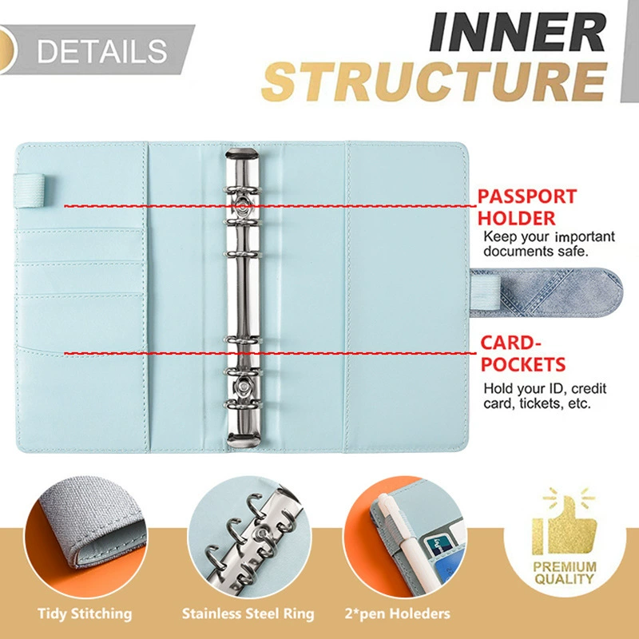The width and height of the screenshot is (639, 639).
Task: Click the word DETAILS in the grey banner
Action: tap(102, 50)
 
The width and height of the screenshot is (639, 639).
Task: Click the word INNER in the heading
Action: tap(517, 32)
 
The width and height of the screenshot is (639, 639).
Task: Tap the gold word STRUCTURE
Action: tap(435, 81)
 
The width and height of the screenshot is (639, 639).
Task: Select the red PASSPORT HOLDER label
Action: tap(526, 207)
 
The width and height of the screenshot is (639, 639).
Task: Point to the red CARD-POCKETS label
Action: tap(523, 354)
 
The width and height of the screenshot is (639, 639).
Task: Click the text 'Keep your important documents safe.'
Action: tap(549, 244)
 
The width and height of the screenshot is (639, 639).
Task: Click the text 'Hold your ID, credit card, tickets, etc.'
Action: tap(545, 395)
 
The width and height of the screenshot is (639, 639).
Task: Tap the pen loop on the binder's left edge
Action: tap(30, 191)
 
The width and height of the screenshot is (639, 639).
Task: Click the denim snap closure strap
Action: tap(547, 292)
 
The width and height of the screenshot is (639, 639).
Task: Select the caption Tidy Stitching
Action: tap(85, 613)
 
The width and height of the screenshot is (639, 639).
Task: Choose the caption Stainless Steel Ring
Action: tap(248, 613)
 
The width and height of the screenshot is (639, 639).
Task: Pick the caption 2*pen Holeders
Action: tap(397, 613)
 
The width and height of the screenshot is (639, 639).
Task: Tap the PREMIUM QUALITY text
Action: tap(565, 573)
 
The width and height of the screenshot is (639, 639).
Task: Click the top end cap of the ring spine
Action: tap(242, 155)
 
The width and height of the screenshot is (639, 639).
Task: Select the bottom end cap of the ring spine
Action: tap(242, 440)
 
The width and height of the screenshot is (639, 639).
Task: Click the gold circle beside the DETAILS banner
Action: tap(8, 50)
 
